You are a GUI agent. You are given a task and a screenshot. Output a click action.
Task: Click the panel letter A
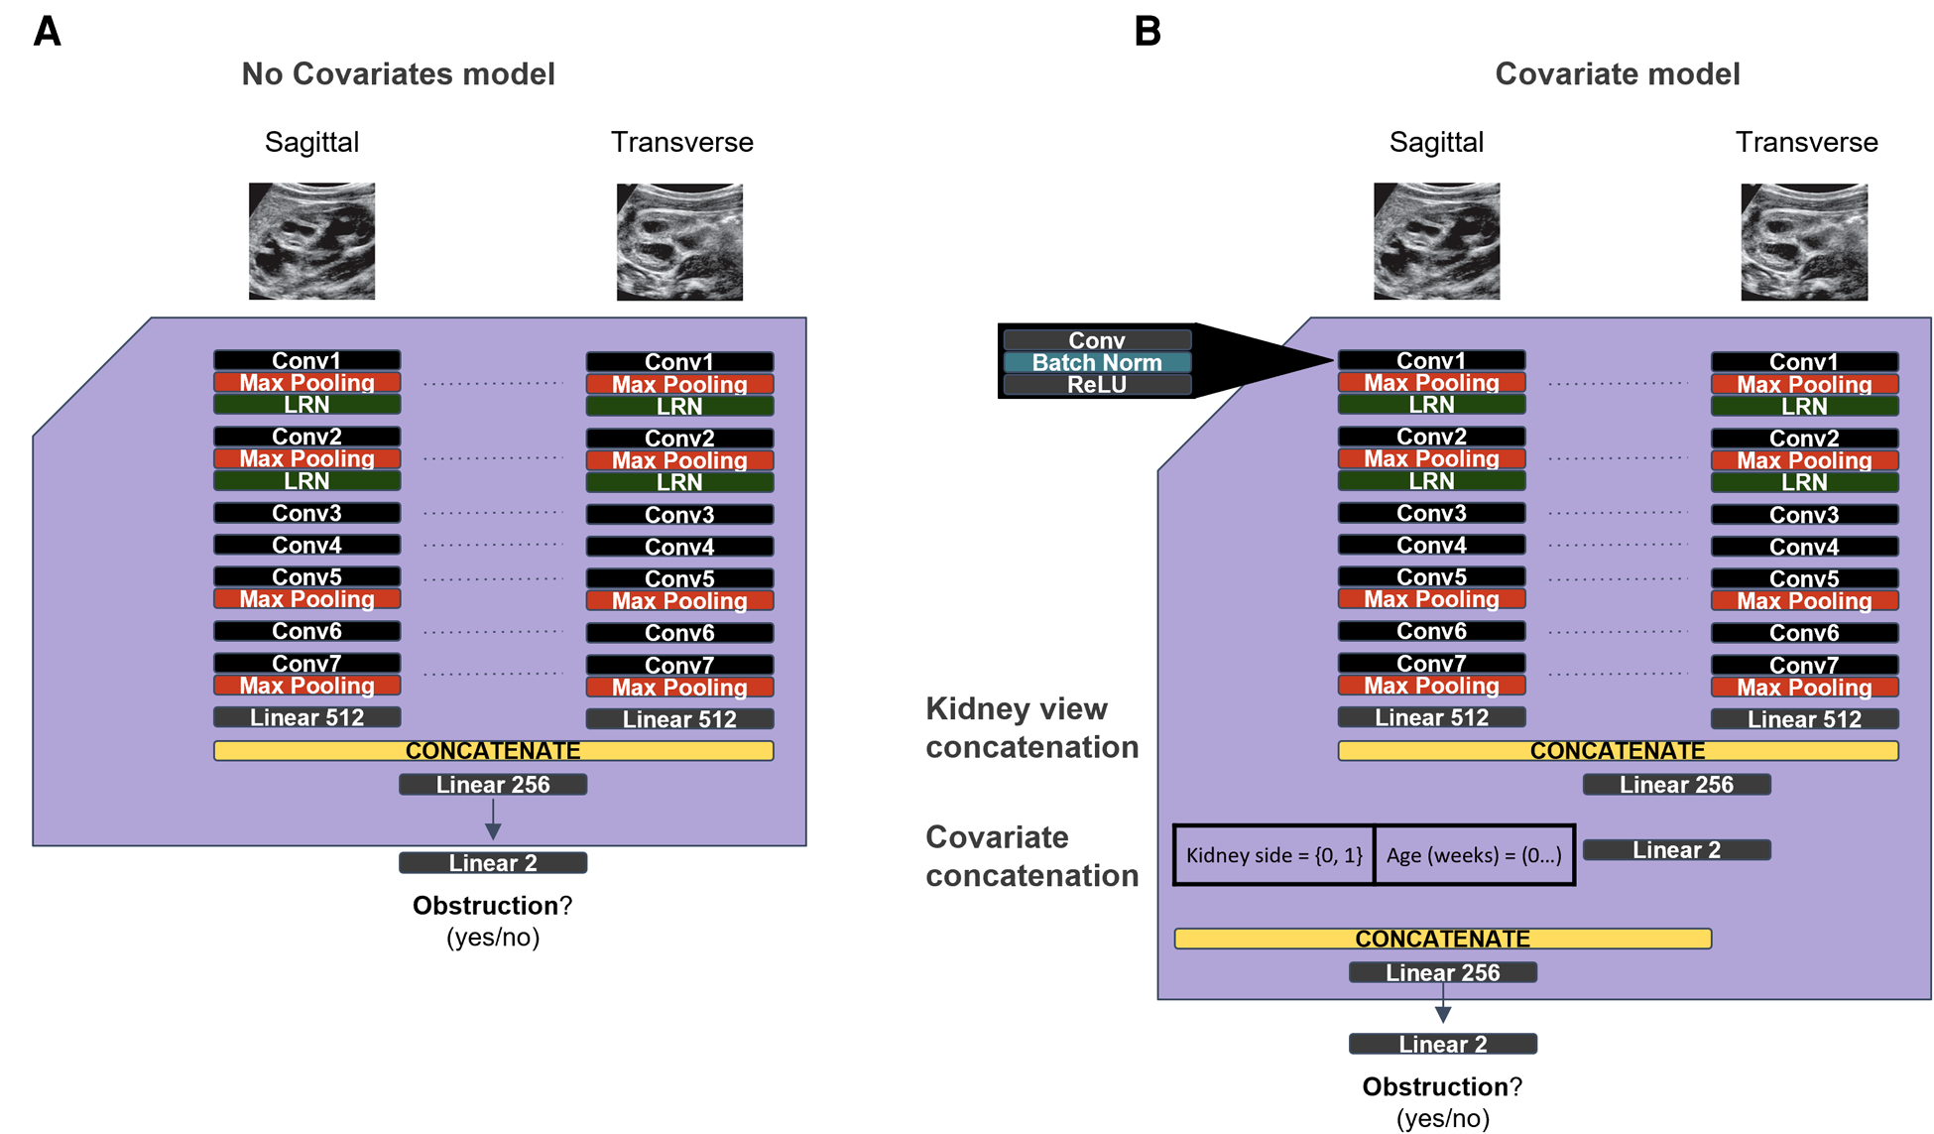(x=47, y=32)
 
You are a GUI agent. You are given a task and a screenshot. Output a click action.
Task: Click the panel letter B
(x=1148, y=32)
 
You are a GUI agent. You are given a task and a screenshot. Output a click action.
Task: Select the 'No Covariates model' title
(x=398, y=74)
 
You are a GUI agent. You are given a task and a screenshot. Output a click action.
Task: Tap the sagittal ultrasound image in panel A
(x=311, y=241)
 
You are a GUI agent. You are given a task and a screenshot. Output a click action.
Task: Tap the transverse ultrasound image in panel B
(x=1804, y=241)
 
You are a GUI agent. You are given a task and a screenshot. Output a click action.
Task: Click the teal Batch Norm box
(x=1097, y=363)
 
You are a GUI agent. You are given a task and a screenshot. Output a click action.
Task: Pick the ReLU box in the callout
(x=1097, y=385)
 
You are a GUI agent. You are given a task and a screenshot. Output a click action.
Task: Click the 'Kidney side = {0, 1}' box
(x=1273, y=855)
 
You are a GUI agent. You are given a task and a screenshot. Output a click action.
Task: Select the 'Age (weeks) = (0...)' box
(x=1474, y=855)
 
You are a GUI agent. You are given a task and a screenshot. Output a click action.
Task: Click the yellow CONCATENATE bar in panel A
(x=493, y=751)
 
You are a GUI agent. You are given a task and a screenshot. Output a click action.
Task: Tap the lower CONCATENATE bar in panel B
(x=1442, y=939)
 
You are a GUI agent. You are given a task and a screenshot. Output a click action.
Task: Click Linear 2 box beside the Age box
(x=1676, y=850)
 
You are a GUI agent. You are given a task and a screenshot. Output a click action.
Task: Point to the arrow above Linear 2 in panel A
(x=493, y=821)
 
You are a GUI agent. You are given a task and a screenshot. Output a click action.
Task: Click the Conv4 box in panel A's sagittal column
(x=306, y=545)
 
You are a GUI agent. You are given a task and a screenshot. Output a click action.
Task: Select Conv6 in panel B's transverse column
(x=1804, y=633)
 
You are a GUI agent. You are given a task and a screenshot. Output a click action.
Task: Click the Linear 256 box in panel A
(x=493, y=785)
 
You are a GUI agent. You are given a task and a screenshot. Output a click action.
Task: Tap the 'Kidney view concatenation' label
(x=1031, y=728)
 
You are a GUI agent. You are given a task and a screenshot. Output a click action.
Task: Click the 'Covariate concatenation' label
(x=1031, y=856)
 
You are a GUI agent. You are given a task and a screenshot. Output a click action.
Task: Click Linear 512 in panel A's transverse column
(x=679, y=719)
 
